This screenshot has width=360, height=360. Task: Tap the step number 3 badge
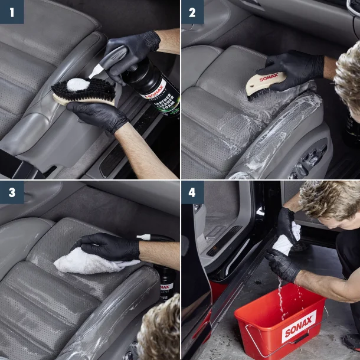pyautogui.click(x=12, y=193)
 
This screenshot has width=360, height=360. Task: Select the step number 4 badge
pyautogui.click(x=192, y=193)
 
